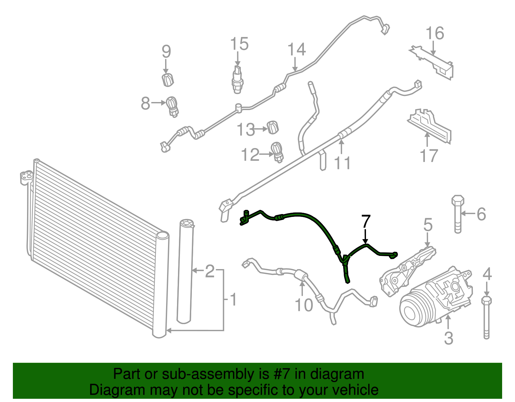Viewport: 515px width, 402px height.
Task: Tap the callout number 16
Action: click(x=435, y=33)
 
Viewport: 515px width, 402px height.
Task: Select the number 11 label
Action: click(x=342, y=163)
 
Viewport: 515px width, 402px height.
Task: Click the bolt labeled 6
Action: click(x=458, y=214)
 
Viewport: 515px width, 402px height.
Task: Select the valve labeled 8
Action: click(x=173, y=106)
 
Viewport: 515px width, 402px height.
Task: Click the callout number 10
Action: click(x=304, y=305)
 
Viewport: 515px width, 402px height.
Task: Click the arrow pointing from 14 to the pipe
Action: click(x=295, y=64)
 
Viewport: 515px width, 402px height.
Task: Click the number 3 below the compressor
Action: click(x=448, y=338)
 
